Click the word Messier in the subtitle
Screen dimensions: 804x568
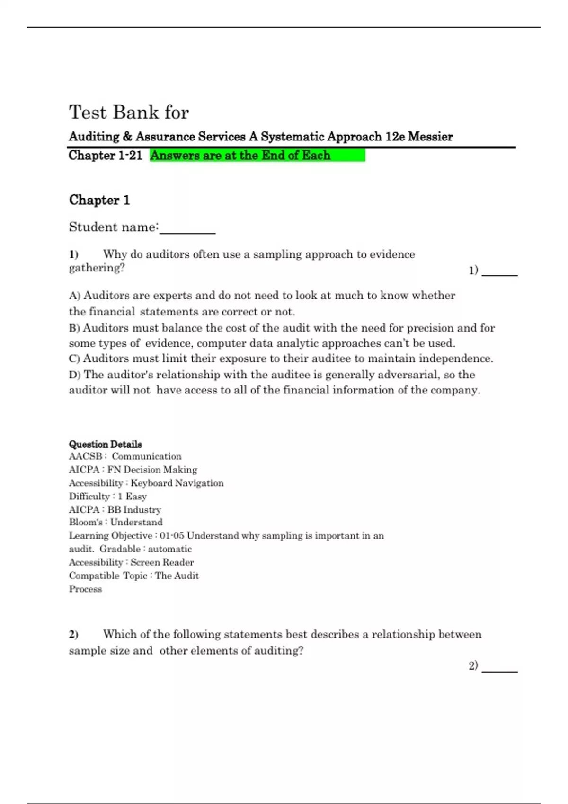coord(430,137)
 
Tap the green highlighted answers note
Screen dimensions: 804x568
coord(257,155)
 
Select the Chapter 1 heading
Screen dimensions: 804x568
coord(99,200)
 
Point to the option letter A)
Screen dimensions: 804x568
coord(75,296)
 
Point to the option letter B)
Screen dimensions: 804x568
coord(75,328)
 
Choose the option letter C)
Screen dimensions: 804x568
coord(75,358)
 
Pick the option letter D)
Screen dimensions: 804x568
coord(75,375)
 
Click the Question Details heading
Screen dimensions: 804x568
coord(105,444)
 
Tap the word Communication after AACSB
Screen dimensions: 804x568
coord(146,456)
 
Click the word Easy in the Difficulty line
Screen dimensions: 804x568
coord(136,497)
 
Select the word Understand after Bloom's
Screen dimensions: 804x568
coord(136,522)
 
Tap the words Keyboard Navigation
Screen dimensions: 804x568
coord(177,483)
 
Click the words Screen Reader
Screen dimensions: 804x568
coord(162,562)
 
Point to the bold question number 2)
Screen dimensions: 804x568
coord(73,634)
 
